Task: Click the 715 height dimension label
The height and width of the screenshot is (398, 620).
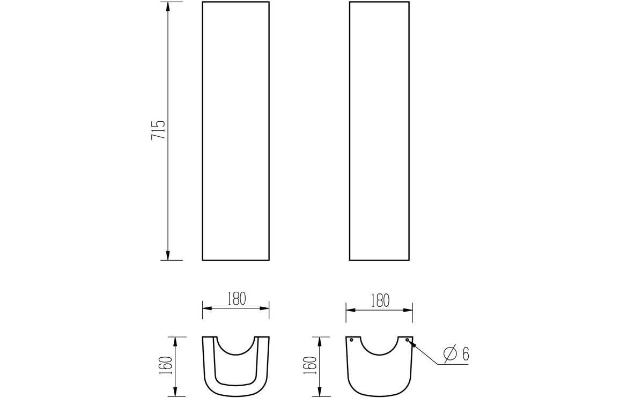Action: click(158, 130)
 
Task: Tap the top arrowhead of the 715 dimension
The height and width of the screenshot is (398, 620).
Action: click(168, 6)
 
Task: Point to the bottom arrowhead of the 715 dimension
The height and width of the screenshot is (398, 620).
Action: click(168, 255)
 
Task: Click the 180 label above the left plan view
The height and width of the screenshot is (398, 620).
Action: click(235, 299)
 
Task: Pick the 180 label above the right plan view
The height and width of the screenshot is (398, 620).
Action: click(379, 300)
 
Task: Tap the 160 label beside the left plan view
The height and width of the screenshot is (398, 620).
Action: click(165, 366)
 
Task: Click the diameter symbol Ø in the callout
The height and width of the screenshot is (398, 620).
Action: click(450, 354)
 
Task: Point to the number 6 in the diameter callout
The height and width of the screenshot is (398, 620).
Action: click(466, 354)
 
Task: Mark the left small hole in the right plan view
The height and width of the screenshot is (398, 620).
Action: click(351, 340)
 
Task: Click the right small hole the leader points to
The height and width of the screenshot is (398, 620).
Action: click(407, 340)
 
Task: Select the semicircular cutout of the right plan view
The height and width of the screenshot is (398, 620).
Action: click(379, 348)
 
